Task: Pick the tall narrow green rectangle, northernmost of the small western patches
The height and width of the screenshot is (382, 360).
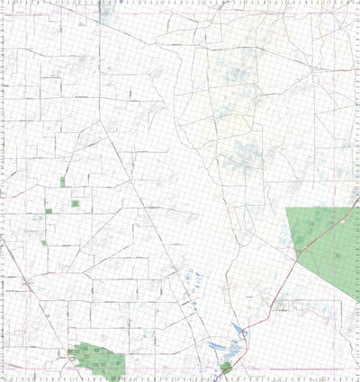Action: point(62,182)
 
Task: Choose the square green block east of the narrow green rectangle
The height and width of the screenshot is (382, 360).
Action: point(76,203)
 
